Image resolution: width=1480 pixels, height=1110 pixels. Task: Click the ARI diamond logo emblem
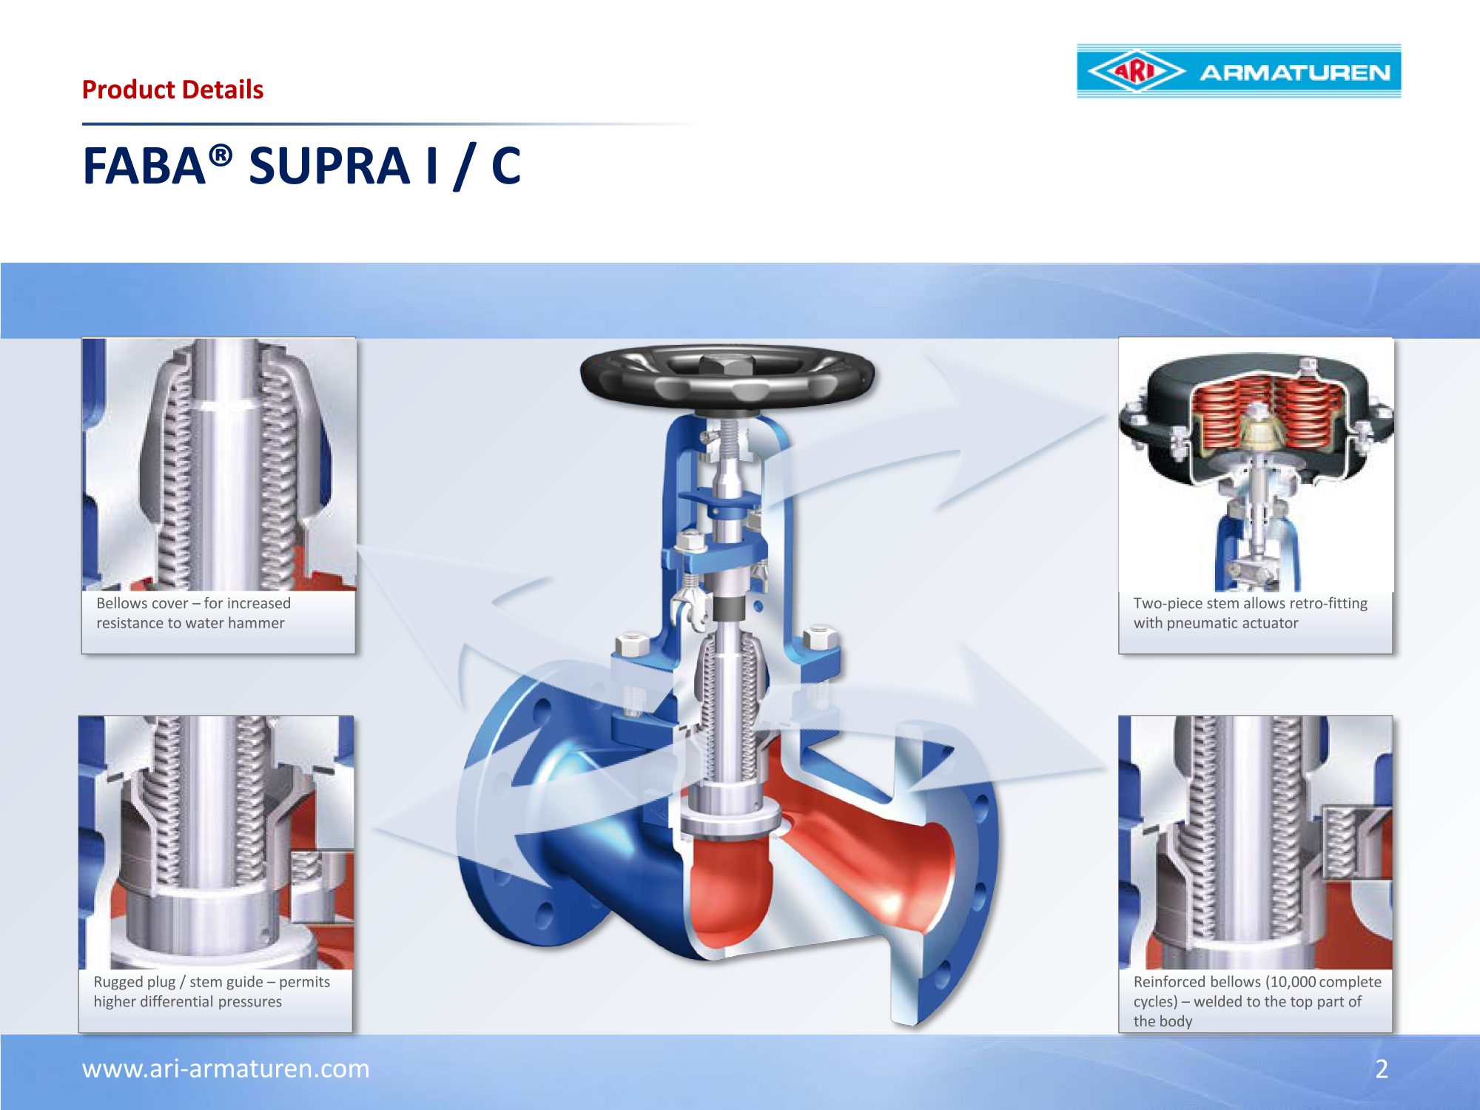coord(1137,72)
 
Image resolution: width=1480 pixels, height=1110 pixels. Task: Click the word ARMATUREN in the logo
coord(1295,73)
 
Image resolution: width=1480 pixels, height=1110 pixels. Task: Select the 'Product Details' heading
coord(172,90)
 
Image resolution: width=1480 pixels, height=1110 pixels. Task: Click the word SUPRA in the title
coord(329,165)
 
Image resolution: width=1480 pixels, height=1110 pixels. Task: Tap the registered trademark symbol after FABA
coord(221,155)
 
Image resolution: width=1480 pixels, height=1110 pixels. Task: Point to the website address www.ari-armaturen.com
coord(226,1069)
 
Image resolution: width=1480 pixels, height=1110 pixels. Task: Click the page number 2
coord(1382,1069)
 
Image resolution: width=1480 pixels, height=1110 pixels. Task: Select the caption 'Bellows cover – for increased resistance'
coord(193,613)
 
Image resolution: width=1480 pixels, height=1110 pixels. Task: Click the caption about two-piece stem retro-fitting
coord(1250,613)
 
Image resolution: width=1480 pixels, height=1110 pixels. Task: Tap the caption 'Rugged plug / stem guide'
coord(212,992)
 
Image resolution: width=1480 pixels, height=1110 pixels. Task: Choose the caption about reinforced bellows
coord(1257,1001)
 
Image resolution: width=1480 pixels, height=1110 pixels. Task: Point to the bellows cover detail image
coord(219,464)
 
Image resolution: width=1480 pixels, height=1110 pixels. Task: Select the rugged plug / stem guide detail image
coord(216,842)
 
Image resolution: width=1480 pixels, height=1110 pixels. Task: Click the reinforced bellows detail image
coord(1255,842)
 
